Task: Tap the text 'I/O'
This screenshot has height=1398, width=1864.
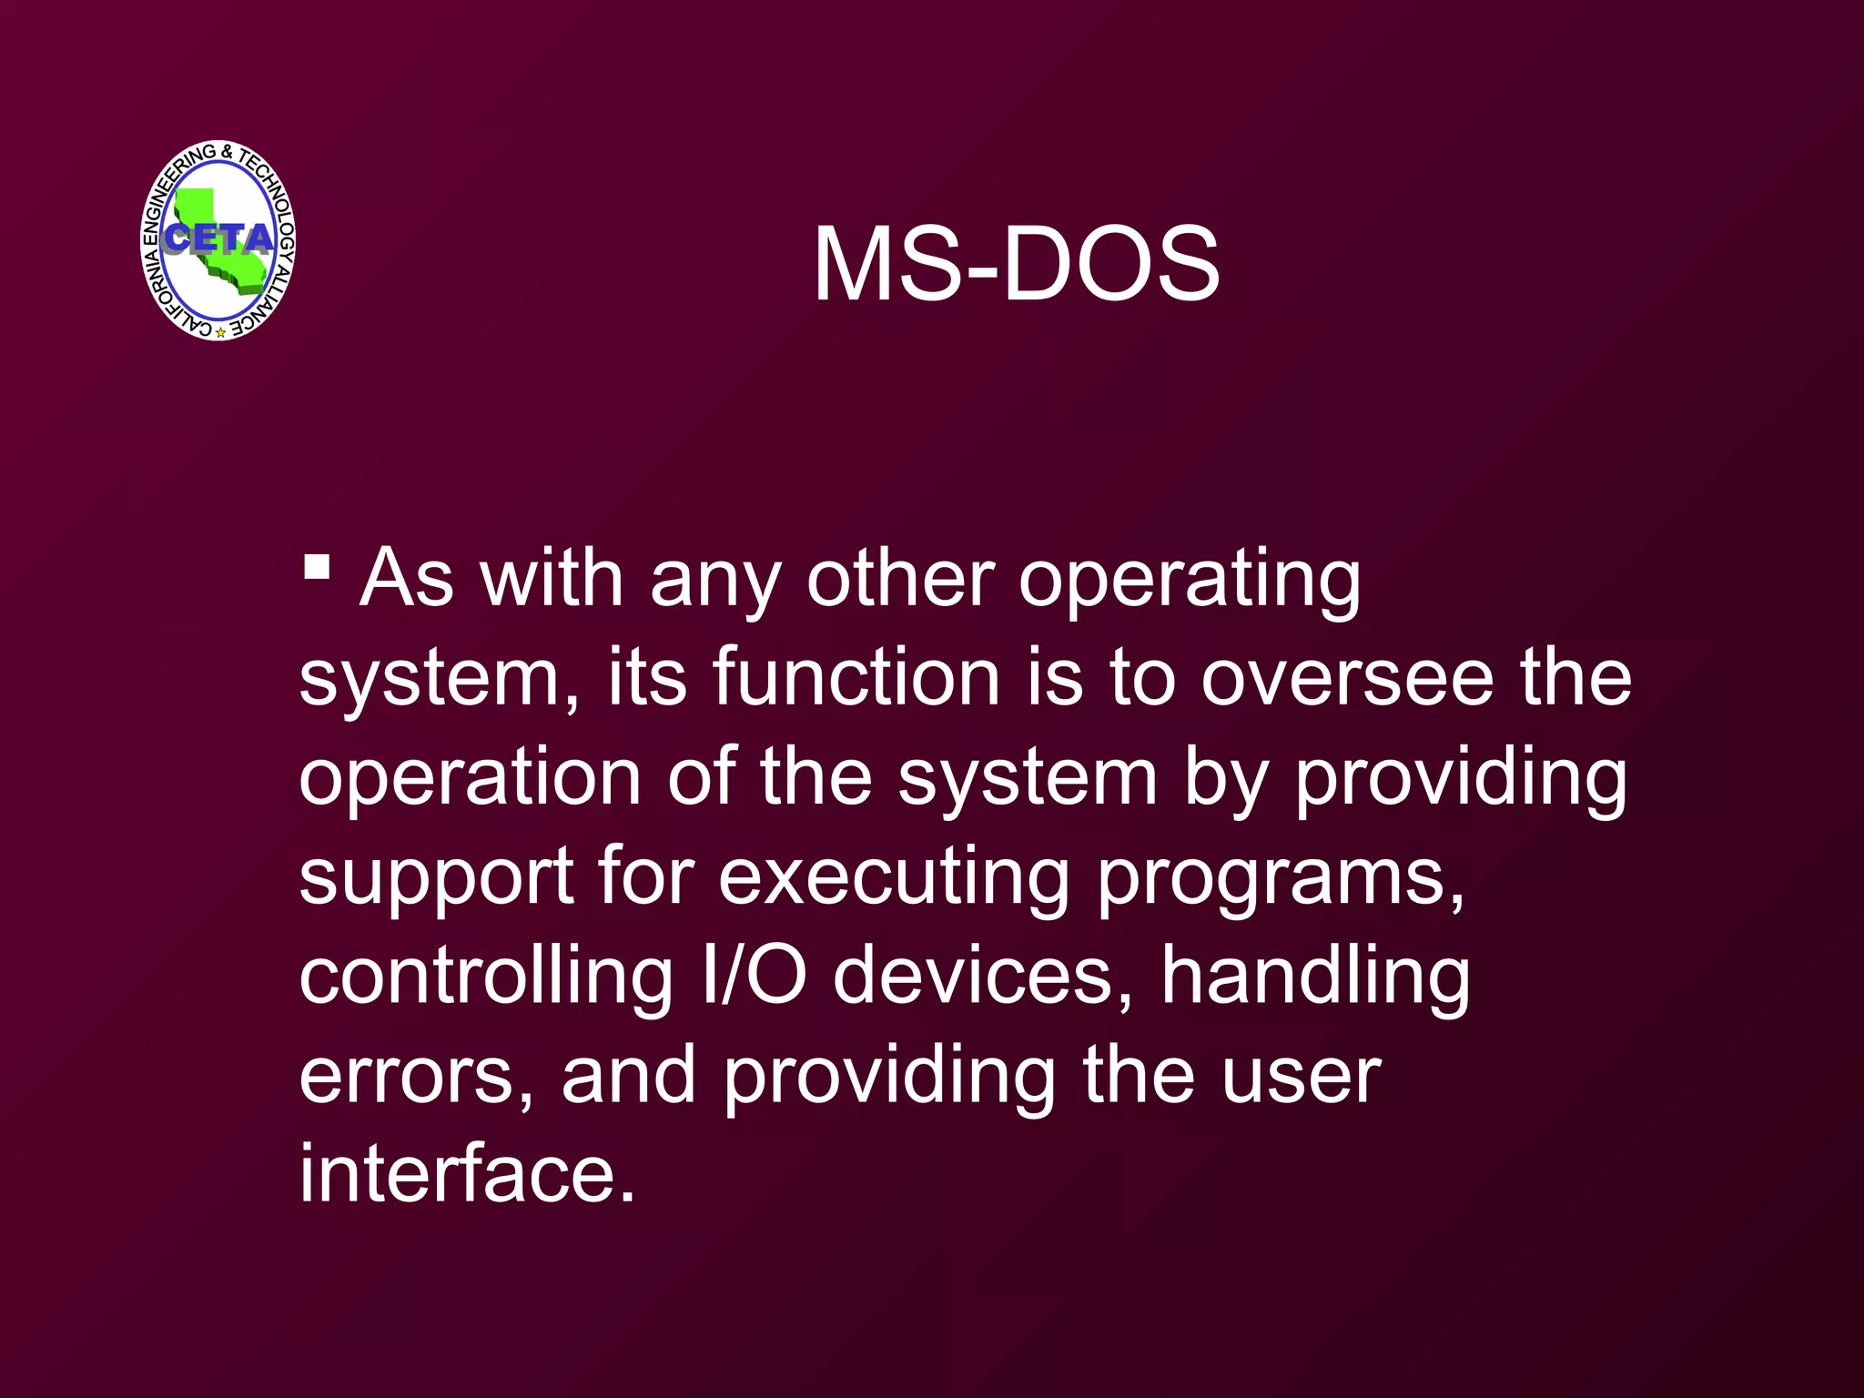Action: [755, 976]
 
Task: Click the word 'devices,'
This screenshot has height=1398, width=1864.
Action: [984, 976]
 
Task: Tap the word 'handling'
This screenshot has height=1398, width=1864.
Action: [1315, 976]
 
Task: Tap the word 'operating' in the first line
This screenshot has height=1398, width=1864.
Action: [1189, 581]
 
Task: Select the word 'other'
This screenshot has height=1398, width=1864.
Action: [900, 579]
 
